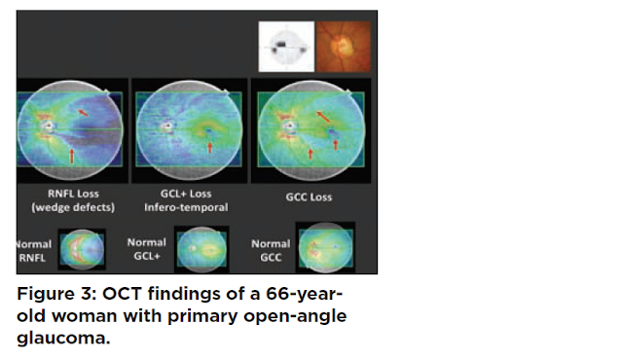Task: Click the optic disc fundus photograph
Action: [344, 47]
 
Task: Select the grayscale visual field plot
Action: [286, 47]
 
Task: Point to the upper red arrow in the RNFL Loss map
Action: [83, 113]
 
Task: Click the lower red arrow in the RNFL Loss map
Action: [72, 156]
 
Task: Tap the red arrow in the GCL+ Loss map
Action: [210, 147]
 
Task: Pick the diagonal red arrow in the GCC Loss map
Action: [323, 117]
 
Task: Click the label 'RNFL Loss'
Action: [73, 194]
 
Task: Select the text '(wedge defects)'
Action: [73, 207]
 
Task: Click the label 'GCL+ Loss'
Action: [186, 194]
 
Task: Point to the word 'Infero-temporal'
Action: [186, 207]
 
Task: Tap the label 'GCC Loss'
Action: [309, 198]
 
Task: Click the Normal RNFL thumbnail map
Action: [82, 249]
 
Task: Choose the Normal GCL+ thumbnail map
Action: [202, 249]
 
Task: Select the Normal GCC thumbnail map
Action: [325, 248]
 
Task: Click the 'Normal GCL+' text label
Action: [147, 249]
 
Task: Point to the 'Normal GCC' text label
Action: [271, 250]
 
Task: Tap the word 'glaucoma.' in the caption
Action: [63, 339]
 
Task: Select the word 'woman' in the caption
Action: [84, 316]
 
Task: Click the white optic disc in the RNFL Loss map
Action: [49, 126]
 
